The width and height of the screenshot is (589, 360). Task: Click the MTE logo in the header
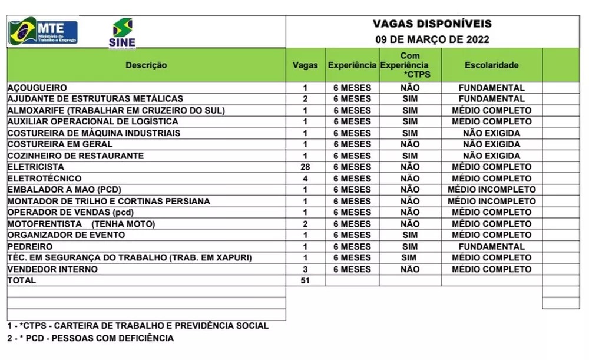click(43, 32)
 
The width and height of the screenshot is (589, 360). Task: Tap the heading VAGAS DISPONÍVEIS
click(432, 24)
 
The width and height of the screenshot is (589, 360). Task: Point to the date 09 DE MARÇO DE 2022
click(432, 40)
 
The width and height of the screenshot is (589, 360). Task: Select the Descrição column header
click(146, 65)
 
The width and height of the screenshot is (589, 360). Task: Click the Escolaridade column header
click(491, 65)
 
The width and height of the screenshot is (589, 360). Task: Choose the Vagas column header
click(305, 65)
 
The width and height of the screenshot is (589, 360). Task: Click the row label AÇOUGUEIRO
click(37, 88)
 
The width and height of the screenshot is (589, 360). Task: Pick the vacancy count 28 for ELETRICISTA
click(305, 167)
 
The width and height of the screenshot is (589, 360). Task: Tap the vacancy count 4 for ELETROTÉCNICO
click(305, 178)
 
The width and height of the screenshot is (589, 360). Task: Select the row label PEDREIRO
click(30, 246)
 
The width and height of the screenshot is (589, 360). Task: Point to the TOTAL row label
click(22, 280)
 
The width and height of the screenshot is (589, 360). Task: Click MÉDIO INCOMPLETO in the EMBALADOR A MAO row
click(491, 190)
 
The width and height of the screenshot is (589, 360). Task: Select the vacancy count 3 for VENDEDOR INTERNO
click(305, 269)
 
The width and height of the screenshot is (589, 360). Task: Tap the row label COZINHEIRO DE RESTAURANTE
click(75, 156)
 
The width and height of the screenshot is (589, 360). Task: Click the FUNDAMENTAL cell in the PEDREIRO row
click(491, 246)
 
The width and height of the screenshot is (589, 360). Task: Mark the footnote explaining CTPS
click(138, 325)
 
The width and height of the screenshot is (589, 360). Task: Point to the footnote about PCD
click(91, 338)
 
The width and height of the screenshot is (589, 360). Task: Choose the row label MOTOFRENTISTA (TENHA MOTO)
click(81, 224)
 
